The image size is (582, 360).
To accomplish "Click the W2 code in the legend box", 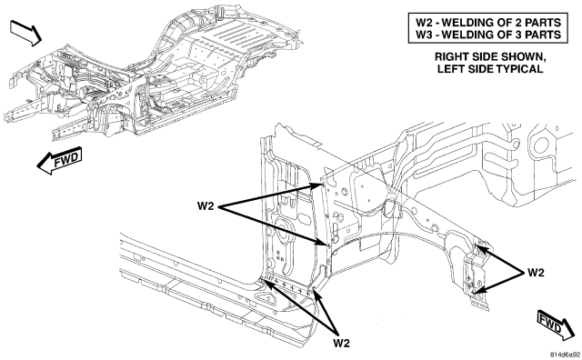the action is tap(422, 22).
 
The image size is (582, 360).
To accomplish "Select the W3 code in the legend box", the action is tap(422, 35).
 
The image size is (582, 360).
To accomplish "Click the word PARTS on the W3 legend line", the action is tap(543, 35).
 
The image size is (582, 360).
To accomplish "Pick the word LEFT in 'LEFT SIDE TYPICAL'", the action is tap(449, 69).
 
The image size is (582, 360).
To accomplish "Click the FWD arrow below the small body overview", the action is tap(59, 161).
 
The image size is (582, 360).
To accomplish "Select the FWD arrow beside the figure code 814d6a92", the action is tap(556, 324).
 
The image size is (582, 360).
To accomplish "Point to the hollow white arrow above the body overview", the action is tap(26, 33).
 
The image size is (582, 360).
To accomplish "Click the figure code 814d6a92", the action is tap(565, 354).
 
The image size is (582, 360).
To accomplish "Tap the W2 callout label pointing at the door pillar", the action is tap(206, 206).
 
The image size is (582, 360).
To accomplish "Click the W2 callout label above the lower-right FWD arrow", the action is tap(536, 273).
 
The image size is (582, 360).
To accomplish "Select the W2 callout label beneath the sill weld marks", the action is tap(341, 343).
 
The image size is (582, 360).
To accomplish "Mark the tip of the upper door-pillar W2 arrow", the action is tap(322, 184).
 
